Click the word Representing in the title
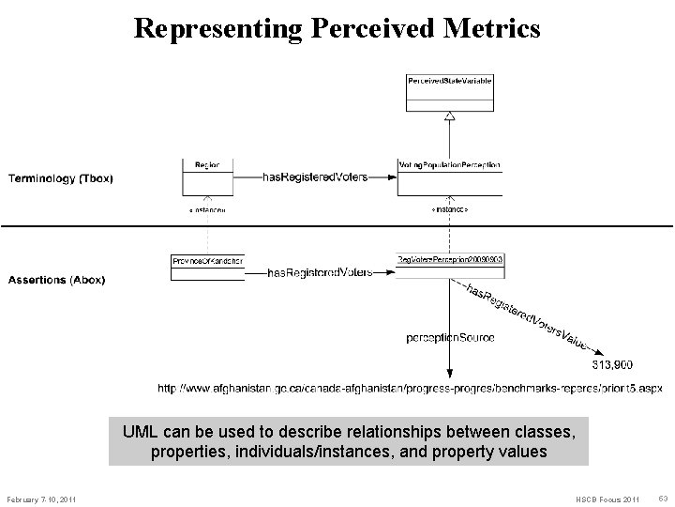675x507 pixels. tap(217, 28)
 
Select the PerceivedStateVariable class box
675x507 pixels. tap(449, 91)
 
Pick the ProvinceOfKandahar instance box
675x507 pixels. tap(207, 267)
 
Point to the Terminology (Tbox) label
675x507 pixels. tap(62, 177)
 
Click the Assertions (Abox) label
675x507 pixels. tap(56, 279)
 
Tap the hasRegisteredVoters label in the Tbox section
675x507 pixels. tap(314, 177)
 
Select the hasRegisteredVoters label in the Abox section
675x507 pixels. tap(319, 272)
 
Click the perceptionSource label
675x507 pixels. tap(450, 336)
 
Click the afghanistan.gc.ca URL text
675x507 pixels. tap(408, 388)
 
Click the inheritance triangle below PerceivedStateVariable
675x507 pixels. tap(449, 115)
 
